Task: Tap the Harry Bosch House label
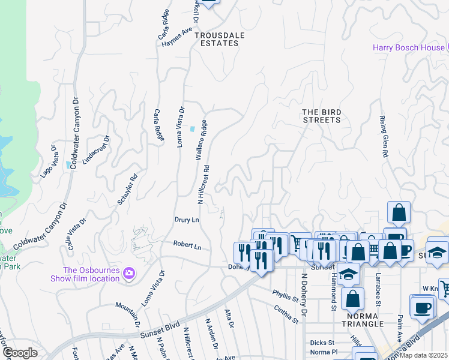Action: pyautogui.click(x=408, y=47)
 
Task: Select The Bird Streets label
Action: pyautogui.click(x=321, y=116)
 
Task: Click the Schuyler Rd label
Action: pyautogui.click(x=128, y=189)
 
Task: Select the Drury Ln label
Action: pyautogui.click(x=187, y=220)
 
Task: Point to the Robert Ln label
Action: pyautogui.click(x=187, y=245)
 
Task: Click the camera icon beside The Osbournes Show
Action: pyautogui.click(x=128, y=274)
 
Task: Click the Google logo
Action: pyautogui.click(x=20, y=353)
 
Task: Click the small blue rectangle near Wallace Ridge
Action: pyautogui.click(x=192, y=129)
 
